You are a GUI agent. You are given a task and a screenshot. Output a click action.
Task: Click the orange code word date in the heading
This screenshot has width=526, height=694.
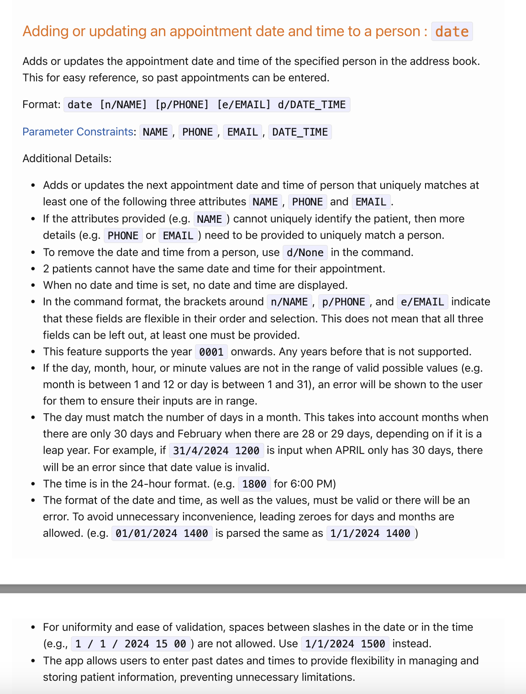[x=452, y=32]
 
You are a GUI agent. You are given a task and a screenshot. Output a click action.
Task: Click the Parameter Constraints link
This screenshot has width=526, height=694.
[x=78, y=132]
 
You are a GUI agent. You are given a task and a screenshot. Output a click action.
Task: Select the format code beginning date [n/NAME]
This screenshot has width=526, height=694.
[x=206, y=105]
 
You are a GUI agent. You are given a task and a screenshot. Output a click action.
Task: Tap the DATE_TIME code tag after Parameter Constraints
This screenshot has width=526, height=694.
[x=300, y=132]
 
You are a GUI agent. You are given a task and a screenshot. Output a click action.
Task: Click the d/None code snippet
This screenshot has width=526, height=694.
[x=305, y=252]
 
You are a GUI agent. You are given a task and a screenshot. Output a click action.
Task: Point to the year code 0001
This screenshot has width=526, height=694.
[x=211, y=352]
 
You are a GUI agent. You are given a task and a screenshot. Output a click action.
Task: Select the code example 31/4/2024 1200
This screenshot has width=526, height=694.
[x=216, y=451]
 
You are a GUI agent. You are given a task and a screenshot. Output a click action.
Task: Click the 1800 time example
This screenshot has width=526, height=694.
[x=254, y=484]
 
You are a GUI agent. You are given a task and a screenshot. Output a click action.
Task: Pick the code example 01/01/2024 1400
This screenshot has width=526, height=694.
[x=162, y=533]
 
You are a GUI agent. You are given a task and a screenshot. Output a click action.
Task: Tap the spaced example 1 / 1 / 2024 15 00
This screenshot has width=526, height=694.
[x=131, y=644]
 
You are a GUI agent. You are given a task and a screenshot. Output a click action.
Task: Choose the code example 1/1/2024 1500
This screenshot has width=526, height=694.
[x=345, y=644]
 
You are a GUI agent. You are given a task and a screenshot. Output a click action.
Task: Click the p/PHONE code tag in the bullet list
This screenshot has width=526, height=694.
[x=343, y=302]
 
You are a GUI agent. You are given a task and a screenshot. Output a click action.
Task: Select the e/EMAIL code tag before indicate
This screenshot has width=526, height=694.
[x=422, y=302]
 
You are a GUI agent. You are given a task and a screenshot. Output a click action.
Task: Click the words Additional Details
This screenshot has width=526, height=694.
[x=67, y=158]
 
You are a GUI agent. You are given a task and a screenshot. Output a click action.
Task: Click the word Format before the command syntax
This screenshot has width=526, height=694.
[x=40, y=105]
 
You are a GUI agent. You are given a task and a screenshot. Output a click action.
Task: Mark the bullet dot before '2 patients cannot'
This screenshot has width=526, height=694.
[x=33, y=269]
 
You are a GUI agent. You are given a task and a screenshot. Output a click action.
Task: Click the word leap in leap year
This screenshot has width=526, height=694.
[x=53, y=450]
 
